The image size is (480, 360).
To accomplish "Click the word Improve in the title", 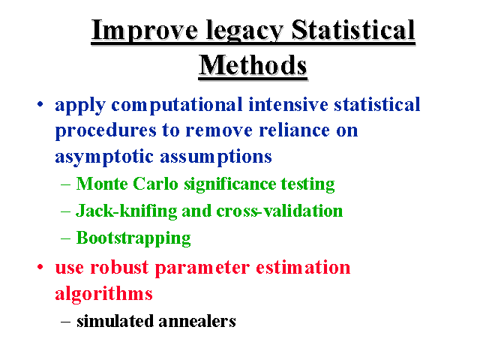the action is click(x=145, y=30).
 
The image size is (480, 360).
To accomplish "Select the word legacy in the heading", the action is click(x=244, y=31).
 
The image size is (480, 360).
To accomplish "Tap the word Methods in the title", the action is click(x=253, y=65).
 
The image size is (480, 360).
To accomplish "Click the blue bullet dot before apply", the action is click(x=40, y=104).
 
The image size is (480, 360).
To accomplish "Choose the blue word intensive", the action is click(x=288, y=104).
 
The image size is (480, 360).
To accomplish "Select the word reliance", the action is click(x=295, y=130).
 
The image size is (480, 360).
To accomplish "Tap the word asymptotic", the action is click(x=104, y=157).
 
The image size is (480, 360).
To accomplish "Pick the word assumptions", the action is click(x=216, y=157).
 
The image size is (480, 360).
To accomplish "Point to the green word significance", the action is click(x=229, y=185).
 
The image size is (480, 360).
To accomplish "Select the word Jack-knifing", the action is click(x=127, y=211).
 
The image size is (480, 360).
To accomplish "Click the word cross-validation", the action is click(x=280, y=211).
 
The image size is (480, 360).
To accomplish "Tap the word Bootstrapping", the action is click(x=133, y=238).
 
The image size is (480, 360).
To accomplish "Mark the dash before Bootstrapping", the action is click(x=65, y=238).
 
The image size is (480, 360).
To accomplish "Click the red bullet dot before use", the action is click(x=40, y=267).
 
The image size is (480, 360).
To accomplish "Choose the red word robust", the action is click(x=119, y=267).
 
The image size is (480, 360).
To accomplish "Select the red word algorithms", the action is click(x=103, y=294).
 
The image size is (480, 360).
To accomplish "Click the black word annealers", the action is click(x=197, y=321).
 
